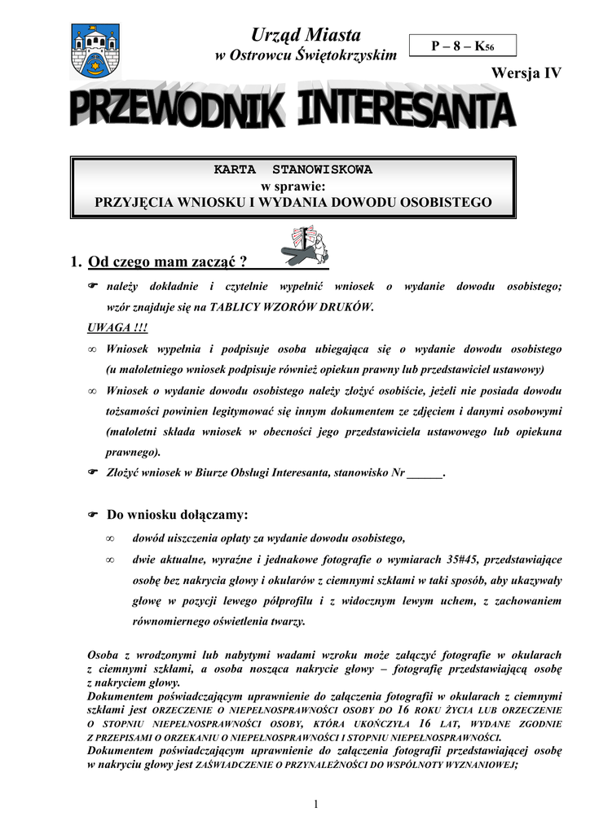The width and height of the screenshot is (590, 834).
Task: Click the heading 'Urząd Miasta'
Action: [305, 35]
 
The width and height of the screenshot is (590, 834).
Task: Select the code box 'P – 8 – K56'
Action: [462, 47]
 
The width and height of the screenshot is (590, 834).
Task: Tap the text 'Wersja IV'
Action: [526, 73]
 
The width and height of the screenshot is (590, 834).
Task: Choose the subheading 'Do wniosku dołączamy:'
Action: [177, 515]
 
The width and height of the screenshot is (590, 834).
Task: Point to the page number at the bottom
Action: [315, 805]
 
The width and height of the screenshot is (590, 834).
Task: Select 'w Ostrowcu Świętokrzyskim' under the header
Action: [305, 55]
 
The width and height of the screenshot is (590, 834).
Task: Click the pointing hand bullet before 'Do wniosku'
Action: [93, 515]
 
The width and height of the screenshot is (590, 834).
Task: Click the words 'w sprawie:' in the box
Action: [293, 186]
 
